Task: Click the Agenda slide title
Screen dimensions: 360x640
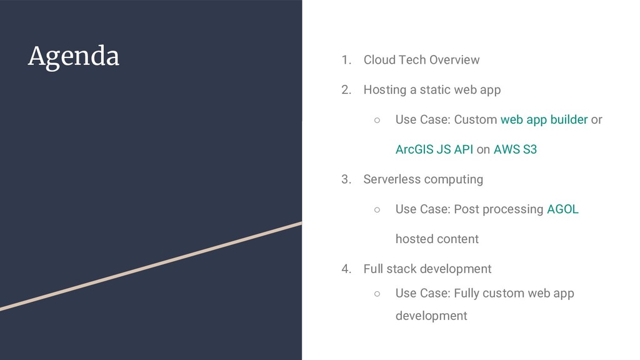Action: tap(73, 57)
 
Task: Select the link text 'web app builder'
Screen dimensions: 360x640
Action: tap(544, 119)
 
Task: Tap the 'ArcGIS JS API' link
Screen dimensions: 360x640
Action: tap(434, 149)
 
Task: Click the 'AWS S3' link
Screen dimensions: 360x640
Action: tap(515, 149)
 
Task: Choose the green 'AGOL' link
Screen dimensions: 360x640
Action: tap(562, 209)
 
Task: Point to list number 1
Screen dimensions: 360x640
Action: tap(346, 60)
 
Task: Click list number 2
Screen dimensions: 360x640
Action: tap(346, 90)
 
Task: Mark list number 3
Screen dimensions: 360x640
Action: tap(346, 179)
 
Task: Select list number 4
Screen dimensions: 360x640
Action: tap(346, 269)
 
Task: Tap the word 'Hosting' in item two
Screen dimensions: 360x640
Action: tap(384, 90)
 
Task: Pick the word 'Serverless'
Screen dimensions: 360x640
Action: tap(392, 179)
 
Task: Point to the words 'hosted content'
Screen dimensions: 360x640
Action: tap(437, 239)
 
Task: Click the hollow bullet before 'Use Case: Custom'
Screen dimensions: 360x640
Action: tap(377, 120)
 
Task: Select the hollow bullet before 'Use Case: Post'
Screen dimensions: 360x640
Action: tap(377, 210)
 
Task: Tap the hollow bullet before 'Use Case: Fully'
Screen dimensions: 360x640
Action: tap(377, 293)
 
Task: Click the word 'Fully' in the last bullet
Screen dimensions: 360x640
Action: tap(467, 293)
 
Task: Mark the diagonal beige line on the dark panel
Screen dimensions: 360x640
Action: tap(150, 266)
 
